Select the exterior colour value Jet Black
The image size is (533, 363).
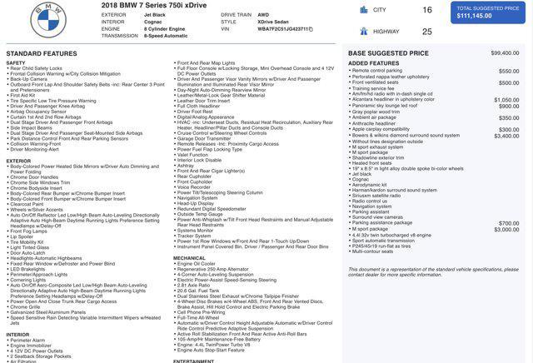coord(155,15)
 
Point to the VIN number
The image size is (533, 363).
coord(283,28)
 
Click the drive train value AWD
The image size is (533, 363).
coord(263,15)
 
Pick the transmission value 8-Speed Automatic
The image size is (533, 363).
coord(166,36)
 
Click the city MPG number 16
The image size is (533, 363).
coord(427,10)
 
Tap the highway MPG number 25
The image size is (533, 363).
coord(427,32)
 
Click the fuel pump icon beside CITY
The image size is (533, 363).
coord(364,10)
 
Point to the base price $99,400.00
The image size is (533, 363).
coord(505,52)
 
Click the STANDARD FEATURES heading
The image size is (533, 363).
coord(42,53)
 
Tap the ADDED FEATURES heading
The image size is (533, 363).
coord(373,63)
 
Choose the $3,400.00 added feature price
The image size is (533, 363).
coord(506,136)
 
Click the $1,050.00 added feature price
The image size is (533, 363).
coord(506,100)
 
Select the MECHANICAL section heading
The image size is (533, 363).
coord(189,258)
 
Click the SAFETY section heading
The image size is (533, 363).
coord(16,62)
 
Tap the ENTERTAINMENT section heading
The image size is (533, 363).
coord(194,361)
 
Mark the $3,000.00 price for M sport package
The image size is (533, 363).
coord(506,229)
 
